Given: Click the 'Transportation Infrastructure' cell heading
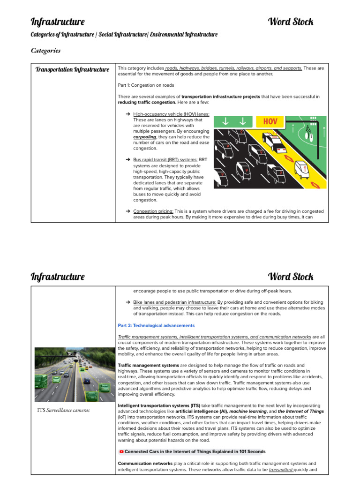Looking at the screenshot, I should (72, 70).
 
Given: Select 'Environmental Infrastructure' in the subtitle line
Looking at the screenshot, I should (184, 35).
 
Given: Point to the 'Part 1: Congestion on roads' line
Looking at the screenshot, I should (146, 85).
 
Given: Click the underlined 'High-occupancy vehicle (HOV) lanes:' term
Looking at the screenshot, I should (171, 114).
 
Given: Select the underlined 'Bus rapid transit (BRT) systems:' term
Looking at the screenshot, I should (165, 160).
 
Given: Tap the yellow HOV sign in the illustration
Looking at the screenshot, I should (270, 121).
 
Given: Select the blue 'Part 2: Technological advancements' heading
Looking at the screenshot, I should (156, 325).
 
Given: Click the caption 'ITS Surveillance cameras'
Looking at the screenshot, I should (64, 410).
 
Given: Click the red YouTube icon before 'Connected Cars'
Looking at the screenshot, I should (121, 452).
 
